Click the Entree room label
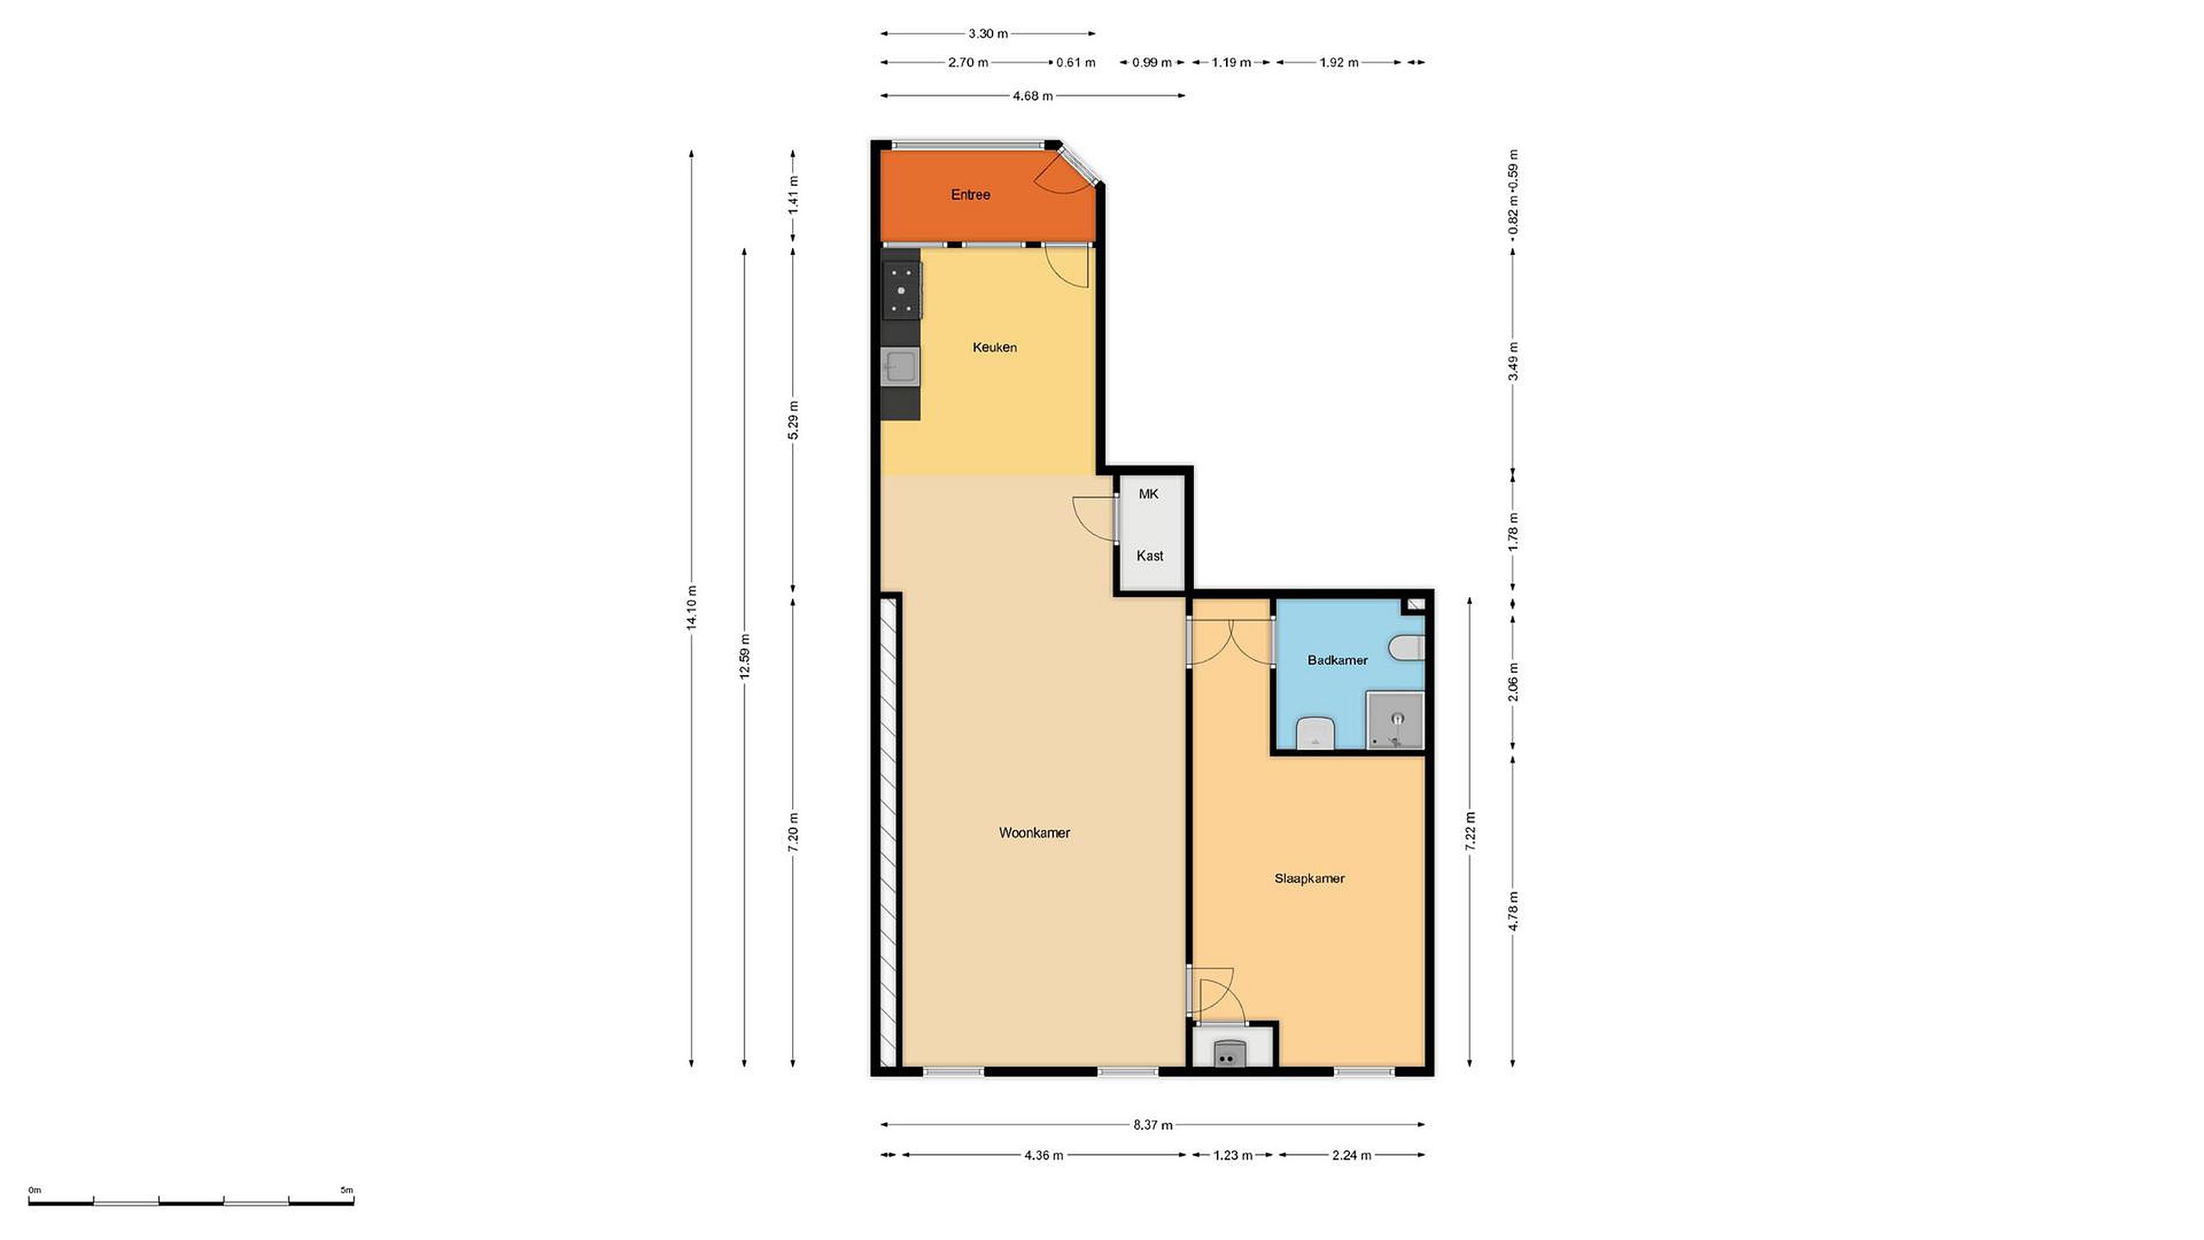[970, 195]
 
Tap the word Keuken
[994, 348]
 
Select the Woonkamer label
[1035, 833]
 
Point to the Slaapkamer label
[1309, 878]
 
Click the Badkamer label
[1337, 660]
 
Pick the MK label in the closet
[1148, 494]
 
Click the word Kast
[1149, 556]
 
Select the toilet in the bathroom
[1408, 648]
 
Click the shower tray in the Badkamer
[1394, 720]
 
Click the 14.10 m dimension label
[691, 608]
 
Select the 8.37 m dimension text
[1153, 1124]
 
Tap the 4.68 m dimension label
[1032, 96]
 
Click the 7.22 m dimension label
[1470, 830]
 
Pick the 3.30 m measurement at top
[988, 34]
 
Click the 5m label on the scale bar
[347, 1190]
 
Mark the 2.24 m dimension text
[1351, 1155]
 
